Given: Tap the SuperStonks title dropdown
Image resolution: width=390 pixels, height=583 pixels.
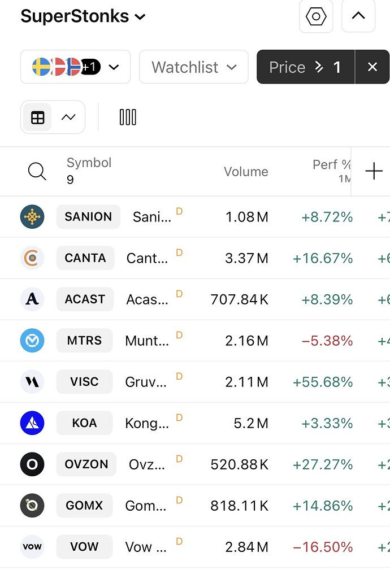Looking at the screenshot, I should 83,16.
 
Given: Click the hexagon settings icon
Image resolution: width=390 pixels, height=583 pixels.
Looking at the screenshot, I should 316,16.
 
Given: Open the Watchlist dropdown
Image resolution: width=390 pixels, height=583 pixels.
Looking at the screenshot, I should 193,67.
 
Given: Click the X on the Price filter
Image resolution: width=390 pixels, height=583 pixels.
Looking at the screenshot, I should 372,67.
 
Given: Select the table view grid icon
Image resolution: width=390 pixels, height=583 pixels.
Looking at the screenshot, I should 38,118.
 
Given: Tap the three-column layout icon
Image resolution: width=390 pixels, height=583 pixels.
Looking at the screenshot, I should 128,118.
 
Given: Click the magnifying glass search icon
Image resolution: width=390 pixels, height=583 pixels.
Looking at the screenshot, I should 37,171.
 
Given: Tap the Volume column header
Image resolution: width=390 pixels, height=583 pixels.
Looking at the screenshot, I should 246,172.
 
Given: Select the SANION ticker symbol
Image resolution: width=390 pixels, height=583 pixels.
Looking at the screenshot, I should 88,217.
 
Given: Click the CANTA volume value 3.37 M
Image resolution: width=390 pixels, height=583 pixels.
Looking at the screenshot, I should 246,258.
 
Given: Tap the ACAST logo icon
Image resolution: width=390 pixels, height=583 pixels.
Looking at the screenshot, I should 32,299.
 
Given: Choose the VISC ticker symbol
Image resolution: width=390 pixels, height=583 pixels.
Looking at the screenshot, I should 84,382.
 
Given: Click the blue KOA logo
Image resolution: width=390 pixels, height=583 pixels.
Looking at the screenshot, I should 32,423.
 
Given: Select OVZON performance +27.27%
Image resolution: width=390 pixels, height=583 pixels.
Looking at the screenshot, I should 323,464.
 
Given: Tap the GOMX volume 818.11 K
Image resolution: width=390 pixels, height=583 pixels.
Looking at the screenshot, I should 239,506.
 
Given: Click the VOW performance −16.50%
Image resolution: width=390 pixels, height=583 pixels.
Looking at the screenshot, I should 323,547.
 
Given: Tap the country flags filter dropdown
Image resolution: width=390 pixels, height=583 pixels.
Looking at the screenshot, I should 75,67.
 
